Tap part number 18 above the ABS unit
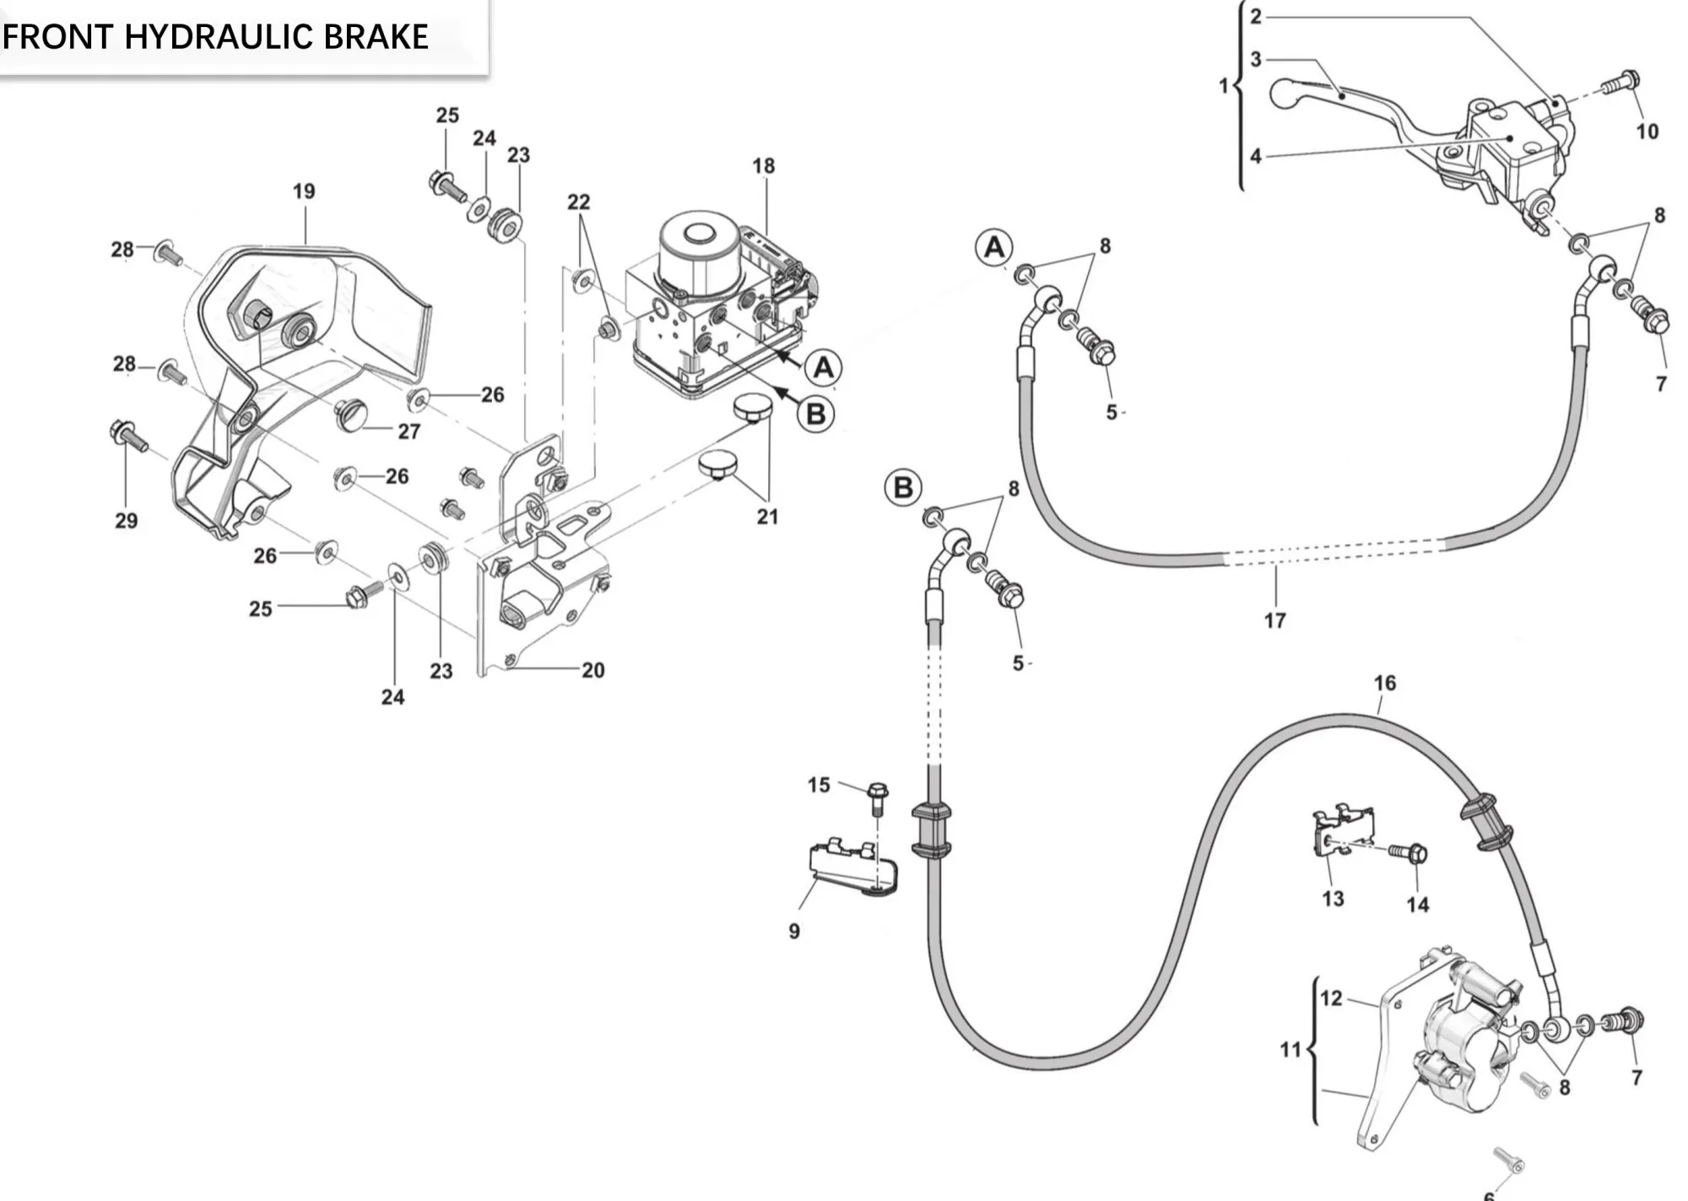pos(763,166)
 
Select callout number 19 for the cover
pos(304,192)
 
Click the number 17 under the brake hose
pos(1274,620)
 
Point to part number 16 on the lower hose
pos(1384,683)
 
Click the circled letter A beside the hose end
pos(994,248)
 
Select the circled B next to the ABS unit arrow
pos(816,414)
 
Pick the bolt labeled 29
pos(127,435)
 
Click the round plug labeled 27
pos(351,414)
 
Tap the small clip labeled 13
pos(1342,831)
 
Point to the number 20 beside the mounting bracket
pos(592,670)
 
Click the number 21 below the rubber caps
pos(766,517)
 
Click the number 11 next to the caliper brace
pos(1290,1049)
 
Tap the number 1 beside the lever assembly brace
pos(1223,85)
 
